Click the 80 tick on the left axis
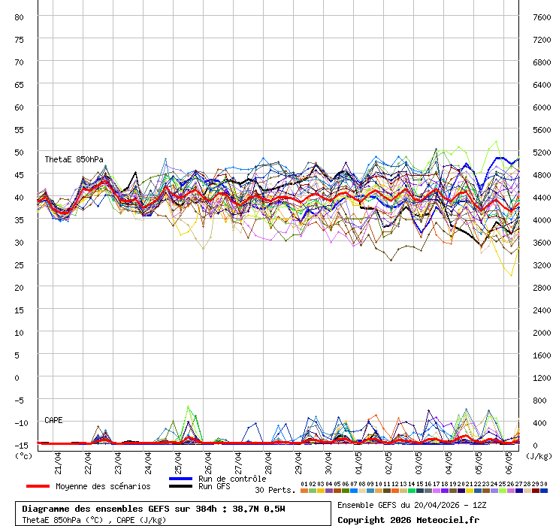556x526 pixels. click(20, 17)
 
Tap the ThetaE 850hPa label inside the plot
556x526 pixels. click(74, 159)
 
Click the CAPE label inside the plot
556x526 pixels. click(53, 420)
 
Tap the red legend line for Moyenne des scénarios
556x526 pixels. click(38, 486)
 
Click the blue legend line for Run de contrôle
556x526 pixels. click(181, 479)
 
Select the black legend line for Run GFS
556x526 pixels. click(181, 487)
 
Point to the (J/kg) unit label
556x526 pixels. click(538, 455)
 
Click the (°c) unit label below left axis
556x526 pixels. click(24, 455)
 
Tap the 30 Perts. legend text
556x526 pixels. click(275, 490)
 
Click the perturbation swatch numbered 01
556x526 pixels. click(304, 490)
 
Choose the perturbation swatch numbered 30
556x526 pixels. click(544, 490)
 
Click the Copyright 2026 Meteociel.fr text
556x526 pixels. click(408, 519)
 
